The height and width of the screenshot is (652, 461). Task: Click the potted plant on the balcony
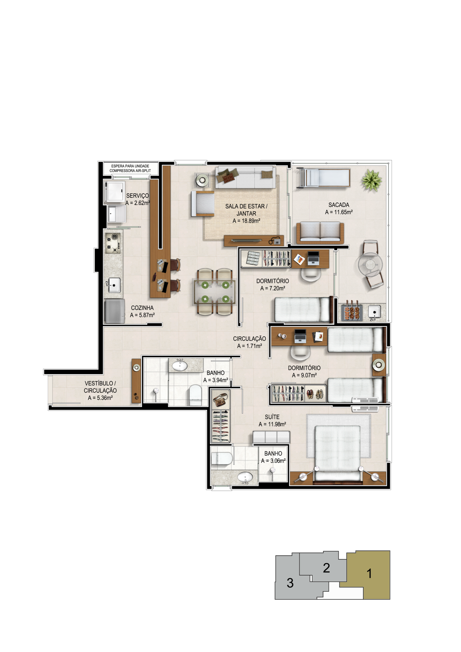pyautogui.click(x=372, y=180)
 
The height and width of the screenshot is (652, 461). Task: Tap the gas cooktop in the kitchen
pyautogui.click(x=113, y=243)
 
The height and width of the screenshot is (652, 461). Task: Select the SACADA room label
pyautogui.click(x=338, y=205)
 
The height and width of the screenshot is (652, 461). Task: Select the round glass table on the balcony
pyautogui.click(x=370, y=264)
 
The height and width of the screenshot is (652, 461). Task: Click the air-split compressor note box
pyautogui.click(x=130, y=168)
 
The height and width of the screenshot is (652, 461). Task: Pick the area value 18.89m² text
pyautogui.click(x=246, y=221)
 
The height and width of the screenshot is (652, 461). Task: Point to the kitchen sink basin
pyautogui.click(x=114, y=285)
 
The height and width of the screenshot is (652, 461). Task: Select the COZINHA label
pyautogui.click(x=142, y=308)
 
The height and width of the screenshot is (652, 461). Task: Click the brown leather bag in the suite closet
pyautogui.click(x=220, y=399)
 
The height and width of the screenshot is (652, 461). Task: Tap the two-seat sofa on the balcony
pyautogui.click(x=320, y=233)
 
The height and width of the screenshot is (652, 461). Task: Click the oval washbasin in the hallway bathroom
pyautogui.click(x=180, y=366)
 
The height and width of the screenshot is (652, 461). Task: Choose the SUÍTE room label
pyautogui.click(x=272, y=417)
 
